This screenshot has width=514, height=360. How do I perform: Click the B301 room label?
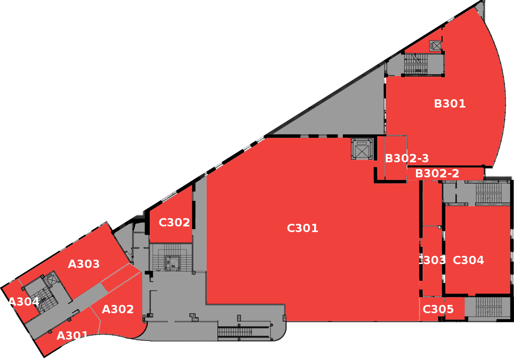(x=450, y=104)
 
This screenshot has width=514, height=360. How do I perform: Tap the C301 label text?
(x=302, y=228)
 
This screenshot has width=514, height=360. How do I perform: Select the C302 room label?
(x=174, y=223)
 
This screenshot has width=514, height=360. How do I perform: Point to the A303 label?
(x=84, y=264)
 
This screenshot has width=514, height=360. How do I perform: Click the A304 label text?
(x=23, y=302)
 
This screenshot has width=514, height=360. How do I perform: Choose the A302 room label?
(x=118, y=309)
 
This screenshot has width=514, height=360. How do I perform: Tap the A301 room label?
(x=72, y=336)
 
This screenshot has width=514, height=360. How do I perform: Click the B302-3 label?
(x=407, y=158)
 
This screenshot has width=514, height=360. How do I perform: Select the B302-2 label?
(x=437, y=174)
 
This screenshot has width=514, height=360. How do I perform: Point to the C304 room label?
(x=468, y=260)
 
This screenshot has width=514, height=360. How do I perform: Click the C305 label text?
(x=438, y=309)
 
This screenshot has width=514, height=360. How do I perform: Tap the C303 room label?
(x=432, y=260)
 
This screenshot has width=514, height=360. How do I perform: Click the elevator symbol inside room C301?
(x=362, y=149)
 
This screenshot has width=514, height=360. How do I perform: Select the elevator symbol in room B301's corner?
(x=436, y=46)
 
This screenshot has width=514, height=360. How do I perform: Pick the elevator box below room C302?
(x=172, y=263)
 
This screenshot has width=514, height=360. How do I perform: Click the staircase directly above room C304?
(x=488, y=193)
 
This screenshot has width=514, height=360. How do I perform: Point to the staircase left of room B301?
(x=416, y=64)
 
